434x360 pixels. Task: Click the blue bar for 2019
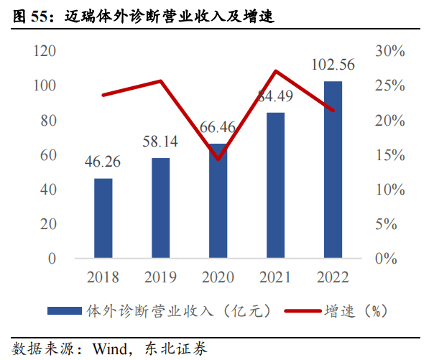(161, 208)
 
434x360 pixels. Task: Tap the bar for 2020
(218, 205)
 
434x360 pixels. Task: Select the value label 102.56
(333, 65)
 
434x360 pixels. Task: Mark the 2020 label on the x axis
(218, 277)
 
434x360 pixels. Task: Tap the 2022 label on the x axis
(333, 277)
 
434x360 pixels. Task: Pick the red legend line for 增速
(302, 311)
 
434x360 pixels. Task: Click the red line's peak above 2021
(276, 71)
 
